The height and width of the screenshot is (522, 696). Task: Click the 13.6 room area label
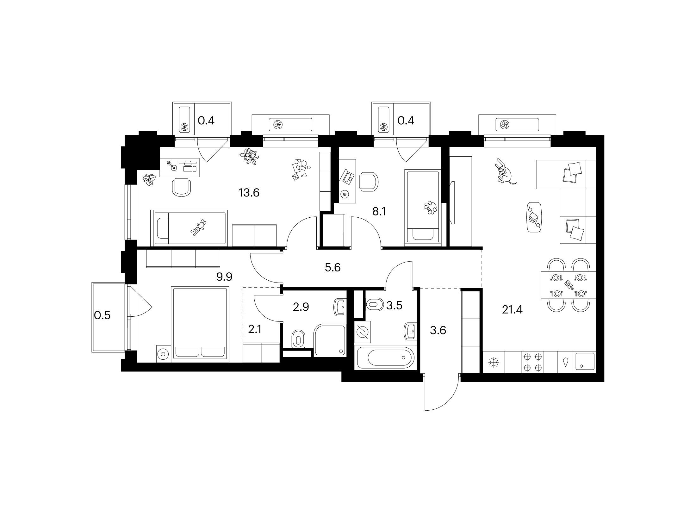coord(249,192)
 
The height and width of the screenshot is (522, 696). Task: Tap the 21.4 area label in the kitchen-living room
coord(513,310)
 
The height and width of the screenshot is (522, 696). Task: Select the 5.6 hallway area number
coord(332,268)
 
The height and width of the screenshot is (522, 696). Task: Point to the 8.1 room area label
coord(379,212)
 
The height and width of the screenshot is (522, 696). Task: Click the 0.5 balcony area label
coord(103,315)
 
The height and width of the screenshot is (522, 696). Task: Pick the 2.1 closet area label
coord(255,330)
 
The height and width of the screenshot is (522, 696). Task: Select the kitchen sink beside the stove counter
coord(585,362)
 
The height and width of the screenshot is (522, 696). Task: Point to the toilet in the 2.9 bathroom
coord(298,339)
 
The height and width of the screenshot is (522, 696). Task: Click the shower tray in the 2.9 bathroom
coord(330,340)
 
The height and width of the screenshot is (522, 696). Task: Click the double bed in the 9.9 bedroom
coord(200,323)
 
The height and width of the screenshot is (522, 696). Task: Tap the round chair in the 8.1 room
coord(369,182)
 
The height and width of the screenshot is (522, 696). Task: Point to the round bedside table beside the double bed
coord(163,353)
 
